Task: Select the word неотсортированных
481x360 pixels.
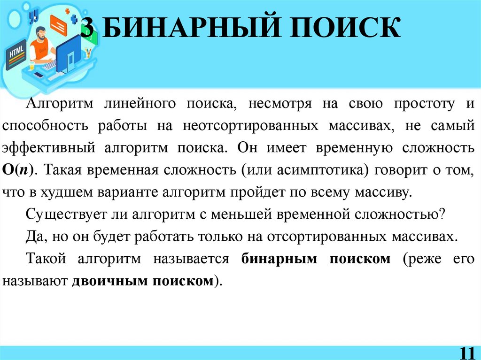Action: pyautogui.click(x=248, y=125)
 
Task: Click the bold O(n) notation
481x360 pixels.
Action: pyautogui.click(x=18, y=170)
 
